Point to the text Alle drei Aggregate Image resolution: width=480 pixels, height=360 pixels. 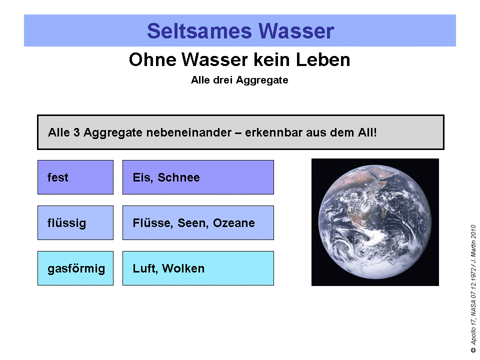pyautogui.click(x=239, y=80)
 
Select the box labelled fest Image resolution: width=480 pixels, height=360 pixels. pyautogui.click(x=75, y=177)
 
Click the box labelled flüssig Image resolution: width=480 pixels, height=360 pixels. pyautogui.click(x=75, y=223)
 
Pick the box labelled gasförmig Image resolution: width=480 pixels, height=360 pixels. pyautogui.click(x=75, y=268)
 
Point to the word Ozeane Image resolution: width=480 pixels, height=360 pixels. pyautogui.click(x=233, y=223)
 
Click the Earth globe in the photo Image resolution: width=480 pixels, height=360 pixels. pyautogui.click(x=375, y=222)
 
